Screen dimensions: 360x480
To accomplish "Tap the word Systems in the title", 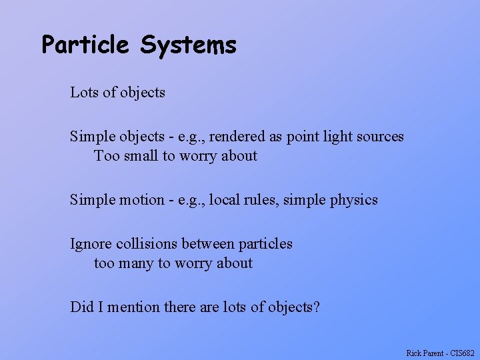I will point(188,45).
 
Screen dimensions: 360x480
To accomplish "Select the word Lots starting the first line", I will point(84,93).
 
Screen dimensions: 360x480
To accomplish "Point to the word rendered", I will point(239,137).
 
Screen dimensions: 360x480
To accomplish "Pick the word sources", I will point(381,137).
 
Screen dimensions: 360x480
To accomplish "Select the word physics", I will point(354,200).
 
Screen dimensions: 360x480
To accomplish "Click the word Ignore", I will point(91,244).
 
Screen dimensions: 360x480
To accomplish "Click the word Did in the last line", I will point(81,307).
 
